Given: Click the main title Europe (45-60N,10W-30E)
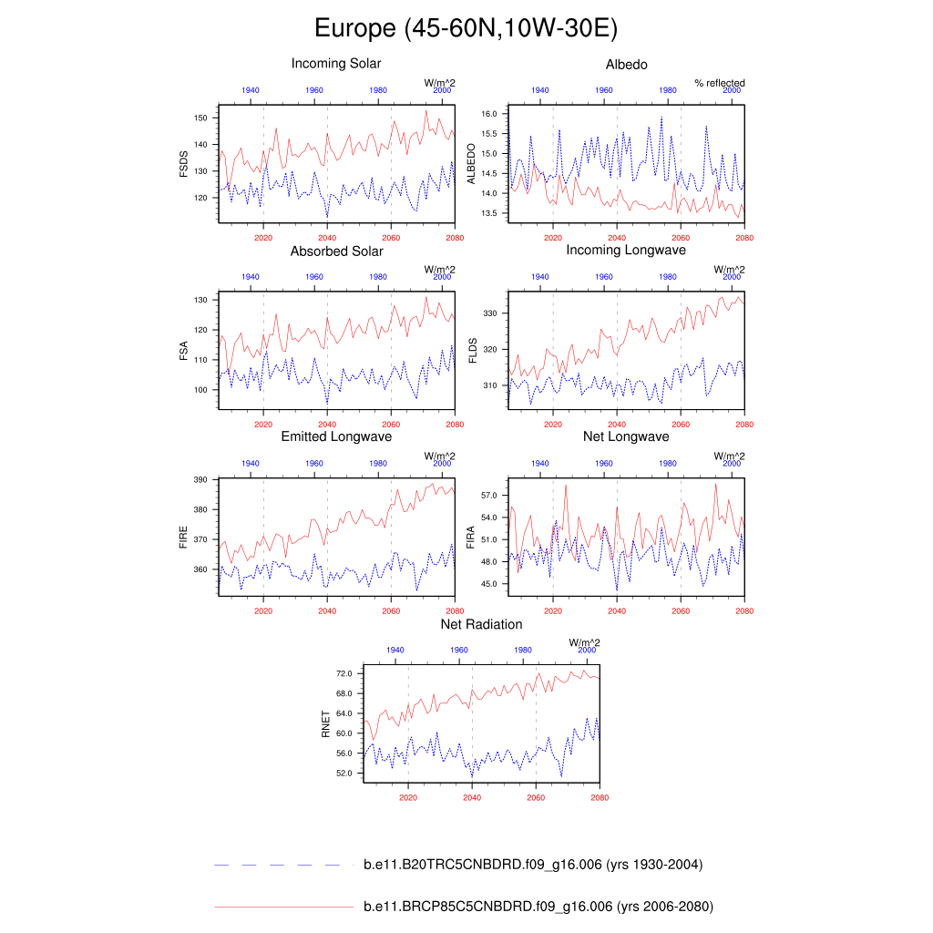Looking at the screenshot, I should (466, 28).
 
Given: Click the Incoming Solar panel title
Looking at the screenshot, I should (336, 64).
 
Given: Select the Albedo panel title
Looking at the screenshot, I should (626, 64).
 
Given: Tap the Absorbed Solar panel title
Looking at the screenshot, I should (336, 251).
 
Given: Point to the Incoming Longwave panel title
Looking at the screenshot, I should (626, 250).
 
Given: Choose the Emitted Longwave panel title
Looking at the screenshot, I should (336, 437).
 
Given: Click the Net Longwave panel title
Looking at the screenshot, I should (626, 437).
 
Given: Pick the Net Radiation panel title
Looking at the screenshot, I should (481, 624).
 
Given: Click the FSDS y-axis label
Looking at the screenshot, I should (184, 163).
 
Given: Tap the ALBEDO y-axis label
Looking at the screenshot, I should (471, 163).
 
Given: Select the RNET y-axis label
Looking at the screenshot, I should (325, 724).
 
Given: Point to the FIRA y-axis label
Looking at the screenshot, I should (471, 537).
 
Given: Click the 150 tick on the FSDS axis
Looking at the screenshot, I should (202, 118).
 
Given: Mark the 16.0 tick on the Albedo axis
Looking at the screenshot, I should (487, 114).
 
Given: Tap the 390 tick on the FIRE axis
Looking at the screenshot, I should (202, 479).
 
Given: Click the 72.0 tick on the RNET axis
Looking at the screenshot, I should (344, 673).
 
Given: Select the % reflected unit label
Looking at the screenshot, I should (719, 83).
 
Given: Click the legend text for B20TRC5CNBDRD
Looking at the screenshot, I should (532, 865).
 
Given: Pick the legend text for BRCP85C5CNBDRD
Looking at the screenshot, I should (538, 907).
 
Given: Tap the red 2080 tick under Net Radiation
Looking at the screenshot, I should (599, 796).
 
